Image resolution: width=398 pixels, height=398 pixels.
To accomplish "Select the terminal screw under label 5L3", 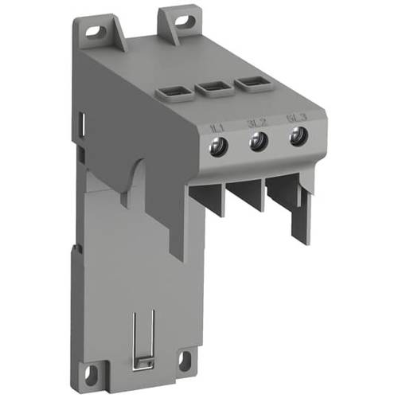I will pos(298,137).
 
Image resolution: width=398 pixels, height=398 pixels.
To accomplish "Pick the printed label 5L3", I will pos(294,119).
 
